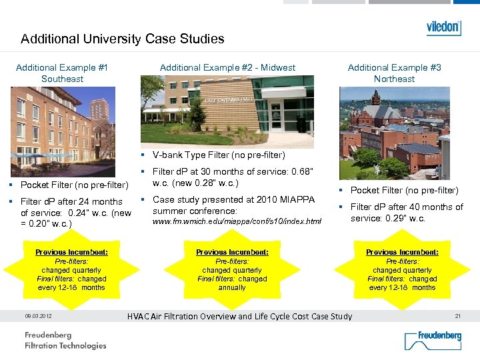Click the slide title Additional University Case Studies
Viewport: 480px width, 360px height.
coord(122,39)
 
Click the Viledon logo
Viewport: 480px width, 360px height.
coord(443,27)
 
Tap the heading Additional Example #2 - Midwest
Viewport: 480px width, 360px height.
coord(227,67)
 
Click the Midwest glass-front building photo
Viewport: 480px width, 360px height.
coord(227,110)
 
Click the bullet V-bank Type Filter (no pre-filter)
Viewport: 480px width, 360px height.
coord(219,155)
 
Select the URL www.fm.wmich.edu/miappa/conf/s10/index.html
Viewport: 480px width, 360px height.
coord(237,221)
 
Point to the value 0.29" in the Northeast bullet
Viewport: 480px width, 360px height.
coord(401,218)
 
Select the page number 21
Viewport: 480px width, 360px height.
coord(457,316)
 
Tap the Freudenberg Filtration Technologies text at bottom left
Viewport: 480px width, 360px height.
coord(65,340)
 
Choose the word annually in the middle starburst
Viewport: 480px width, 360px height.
coord(232,287)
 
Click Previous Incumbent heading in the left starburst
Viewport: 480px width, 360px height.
coord(71,252)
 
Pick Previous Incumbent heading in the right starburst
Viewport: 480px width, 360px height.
coord(402,252)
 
